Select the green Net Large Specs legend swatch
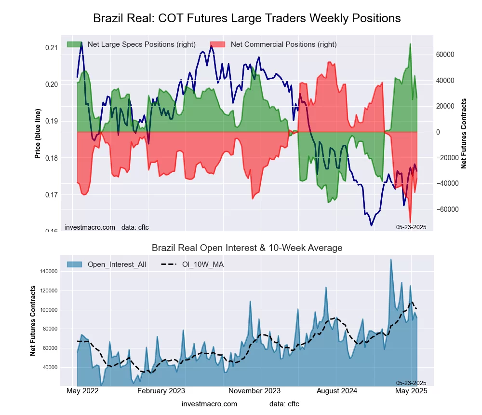[x=74, y=44]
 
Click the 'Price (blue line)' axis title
[x=38, y=134]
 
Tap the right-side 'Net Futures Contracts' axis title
[x=464, y=134]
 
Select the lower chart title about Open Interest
[x=247, y=248]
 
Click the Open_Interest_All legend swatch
[x=74, y=264]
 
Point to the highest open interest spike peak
[x=390, y=260]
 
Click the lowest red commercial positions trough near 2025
[x=410, y=221]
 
